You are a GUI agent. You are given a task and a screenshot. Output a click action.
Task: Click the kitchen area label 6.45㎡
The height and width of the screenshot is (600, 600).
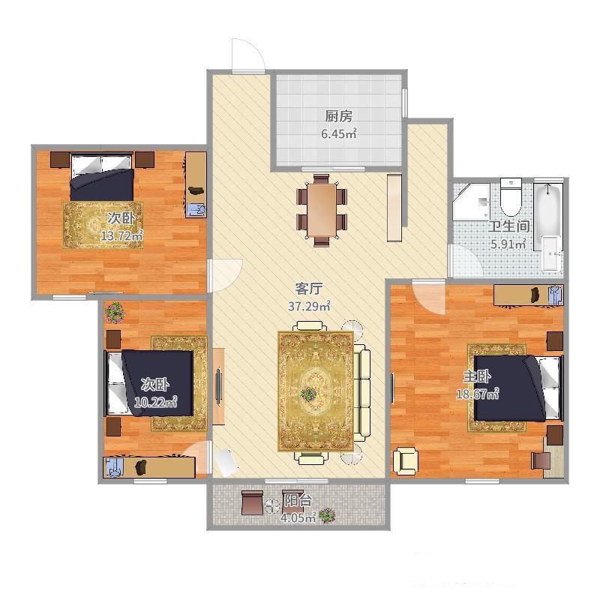(x=339, y=134)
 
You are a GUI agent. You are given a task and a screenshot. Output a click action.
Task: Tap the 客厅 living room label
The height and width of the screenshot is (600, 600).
(x=309, y=289)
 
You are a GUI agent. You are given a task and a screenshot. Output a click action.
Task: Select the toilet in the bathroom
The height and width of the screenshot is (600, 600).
(x=511, y=197)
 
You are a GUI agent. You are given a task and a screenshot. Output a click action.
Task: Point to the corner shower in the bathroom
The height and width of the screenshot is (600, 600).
(x=472, y=202)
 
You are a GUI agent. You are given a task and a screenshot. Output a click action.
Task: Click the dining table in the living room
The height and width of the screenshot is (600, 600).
(x=322, y=211)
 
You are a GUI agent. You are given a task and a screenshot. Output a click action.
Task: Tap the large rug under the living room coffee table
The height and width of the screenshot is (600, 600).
(x=316, y=391)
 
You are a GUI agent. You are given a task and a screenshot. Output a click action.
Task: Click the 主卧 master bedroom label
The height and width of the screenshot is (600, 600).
(x=477, y=377)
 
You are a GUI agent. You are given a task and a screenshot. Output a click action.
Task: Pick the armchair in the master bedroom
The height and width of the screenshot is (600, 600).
(x=406, y=460)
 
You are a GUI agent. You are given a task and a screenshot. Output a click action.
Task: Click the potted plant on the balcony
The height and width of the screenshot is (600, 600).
(x=327, y=515)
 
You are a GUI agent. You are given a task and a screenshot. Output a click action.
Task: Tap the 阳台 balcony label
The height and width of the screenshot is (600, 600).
(x=298, y=500)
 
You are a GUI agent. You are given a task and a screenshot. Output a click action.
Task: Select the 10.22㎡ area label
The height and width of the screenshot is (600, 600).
(x=155, y=402)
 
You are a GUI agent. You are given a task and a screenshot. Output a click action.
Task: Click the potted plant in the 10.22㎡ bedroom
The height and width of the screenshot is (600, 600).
(x=115, y=312)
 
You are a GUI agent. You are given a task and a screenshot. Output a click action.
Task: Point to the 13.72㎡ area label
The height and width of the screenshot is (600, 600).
(x=121, y=235)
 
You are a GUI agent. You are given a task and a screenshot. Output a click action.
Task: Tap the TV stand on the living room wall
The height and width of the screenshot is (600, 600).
(x=218, y=385)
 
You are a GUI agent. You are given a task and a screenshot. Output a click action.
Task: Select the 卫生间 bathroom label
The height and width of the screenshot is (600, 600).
(x=508, y=226)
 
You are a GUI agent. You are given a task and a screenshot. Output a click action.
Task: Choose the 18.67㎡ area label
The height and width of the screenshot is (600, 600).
(x=477, y=394)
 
